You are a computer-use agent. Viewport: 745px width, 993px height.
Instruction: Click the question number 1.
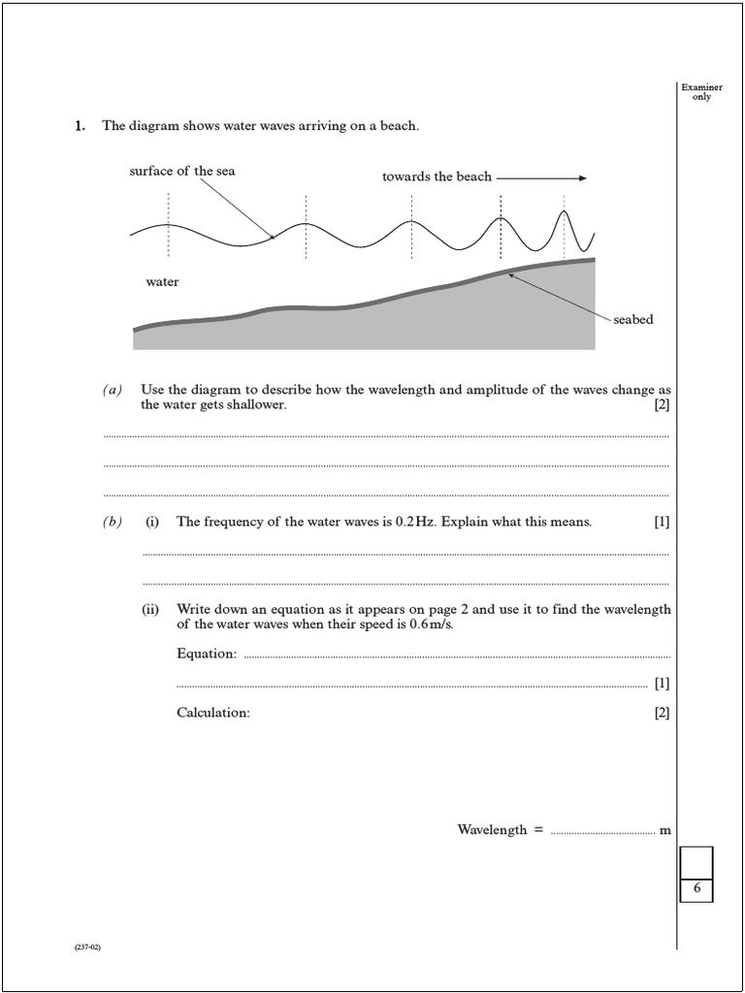[x=80, y=126]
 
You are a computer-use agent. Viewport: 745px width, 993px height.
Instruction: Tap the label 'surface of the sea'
[x=182, y=172]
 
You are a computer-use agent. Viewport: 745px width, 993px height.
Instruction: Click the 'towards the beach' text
[x=437, y=177]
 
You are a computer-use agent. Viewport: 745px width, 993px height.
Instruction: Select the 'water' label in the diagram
[x=162, y=282]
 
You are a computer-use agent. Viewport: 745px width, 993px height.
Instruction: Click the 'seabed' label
[x=632, y=320]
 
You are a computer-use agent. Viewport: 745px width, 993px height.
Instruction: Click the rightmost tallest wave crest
[x=565, y=212]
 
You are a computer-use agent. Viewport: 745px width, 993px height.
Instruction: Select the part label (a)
[x=113, y=390]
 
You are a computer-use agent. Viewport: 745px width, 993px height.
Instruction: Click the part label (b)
[x=113, y=523]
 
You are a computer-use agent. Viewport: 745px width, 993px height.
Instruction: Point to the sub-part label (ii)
[x=151, y=610]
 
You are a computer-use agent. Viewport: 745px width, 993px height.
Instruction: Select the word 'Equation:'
[x=207, y=654]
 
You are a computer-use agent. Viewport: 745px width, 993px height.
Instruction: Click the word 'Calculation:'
[x=213, y=713]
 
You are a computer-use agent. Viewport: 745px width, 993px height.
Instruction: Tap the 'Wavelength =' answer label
[x=500, y=830]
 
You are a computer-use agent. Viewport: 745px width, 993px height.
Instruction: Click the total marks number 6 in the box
[x=696, y=888]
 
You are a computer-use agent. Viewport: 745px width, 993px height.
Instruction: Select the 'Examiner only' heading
[x=701, y=92]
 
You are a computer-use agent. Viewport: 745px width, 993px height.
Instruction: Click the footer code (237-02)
[x=87, y=947]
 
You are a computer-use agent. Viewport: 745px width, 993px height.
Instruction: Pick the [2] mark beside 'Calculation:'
[x=662, y=713]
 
